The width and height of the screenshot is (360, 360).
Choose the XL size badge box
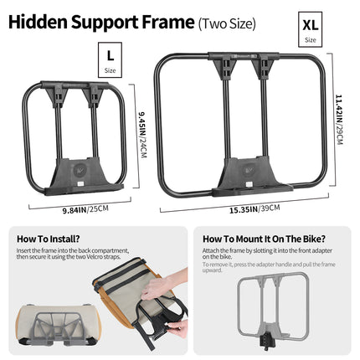310,29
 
